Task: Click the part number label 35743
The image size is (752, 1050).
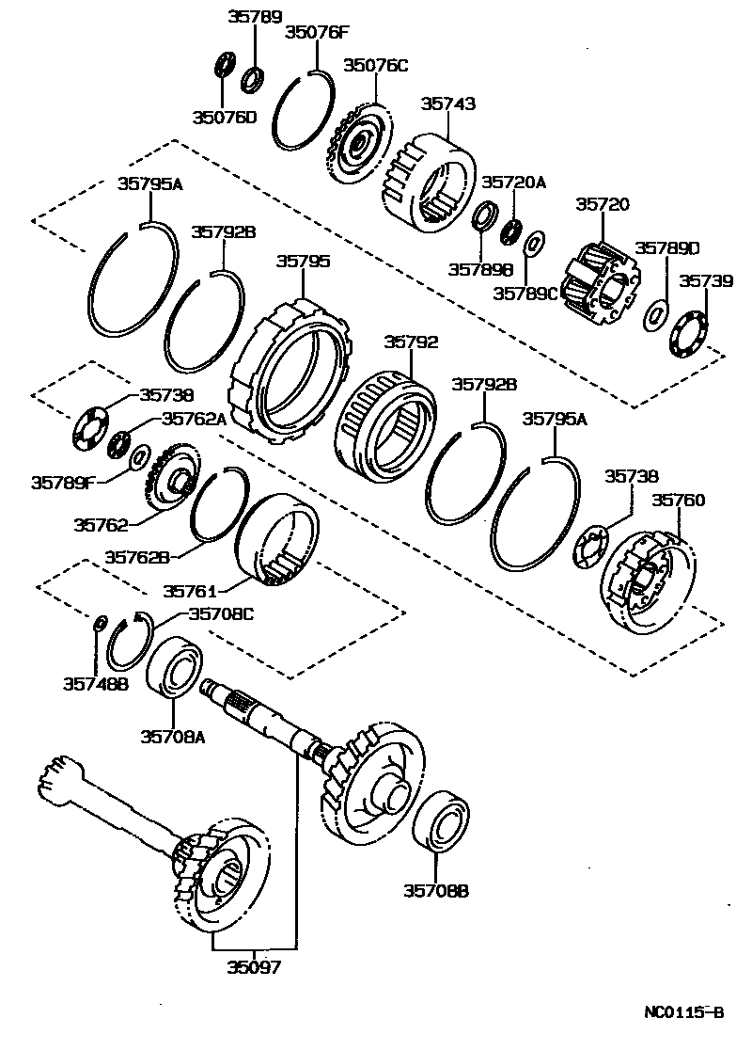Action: tap(447, 104)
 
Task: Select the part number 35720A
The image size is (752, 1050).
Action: tap(513, 182)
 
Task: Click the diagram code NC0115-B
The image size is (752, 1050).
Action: tap(683, 1013)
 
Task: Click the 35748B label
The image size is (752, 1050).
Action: tap(95, 683)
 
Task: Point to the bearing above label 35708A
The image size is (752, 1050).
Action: tap(176, 667)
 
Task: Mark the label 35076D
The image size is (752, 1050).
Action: tap(224, 117)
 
